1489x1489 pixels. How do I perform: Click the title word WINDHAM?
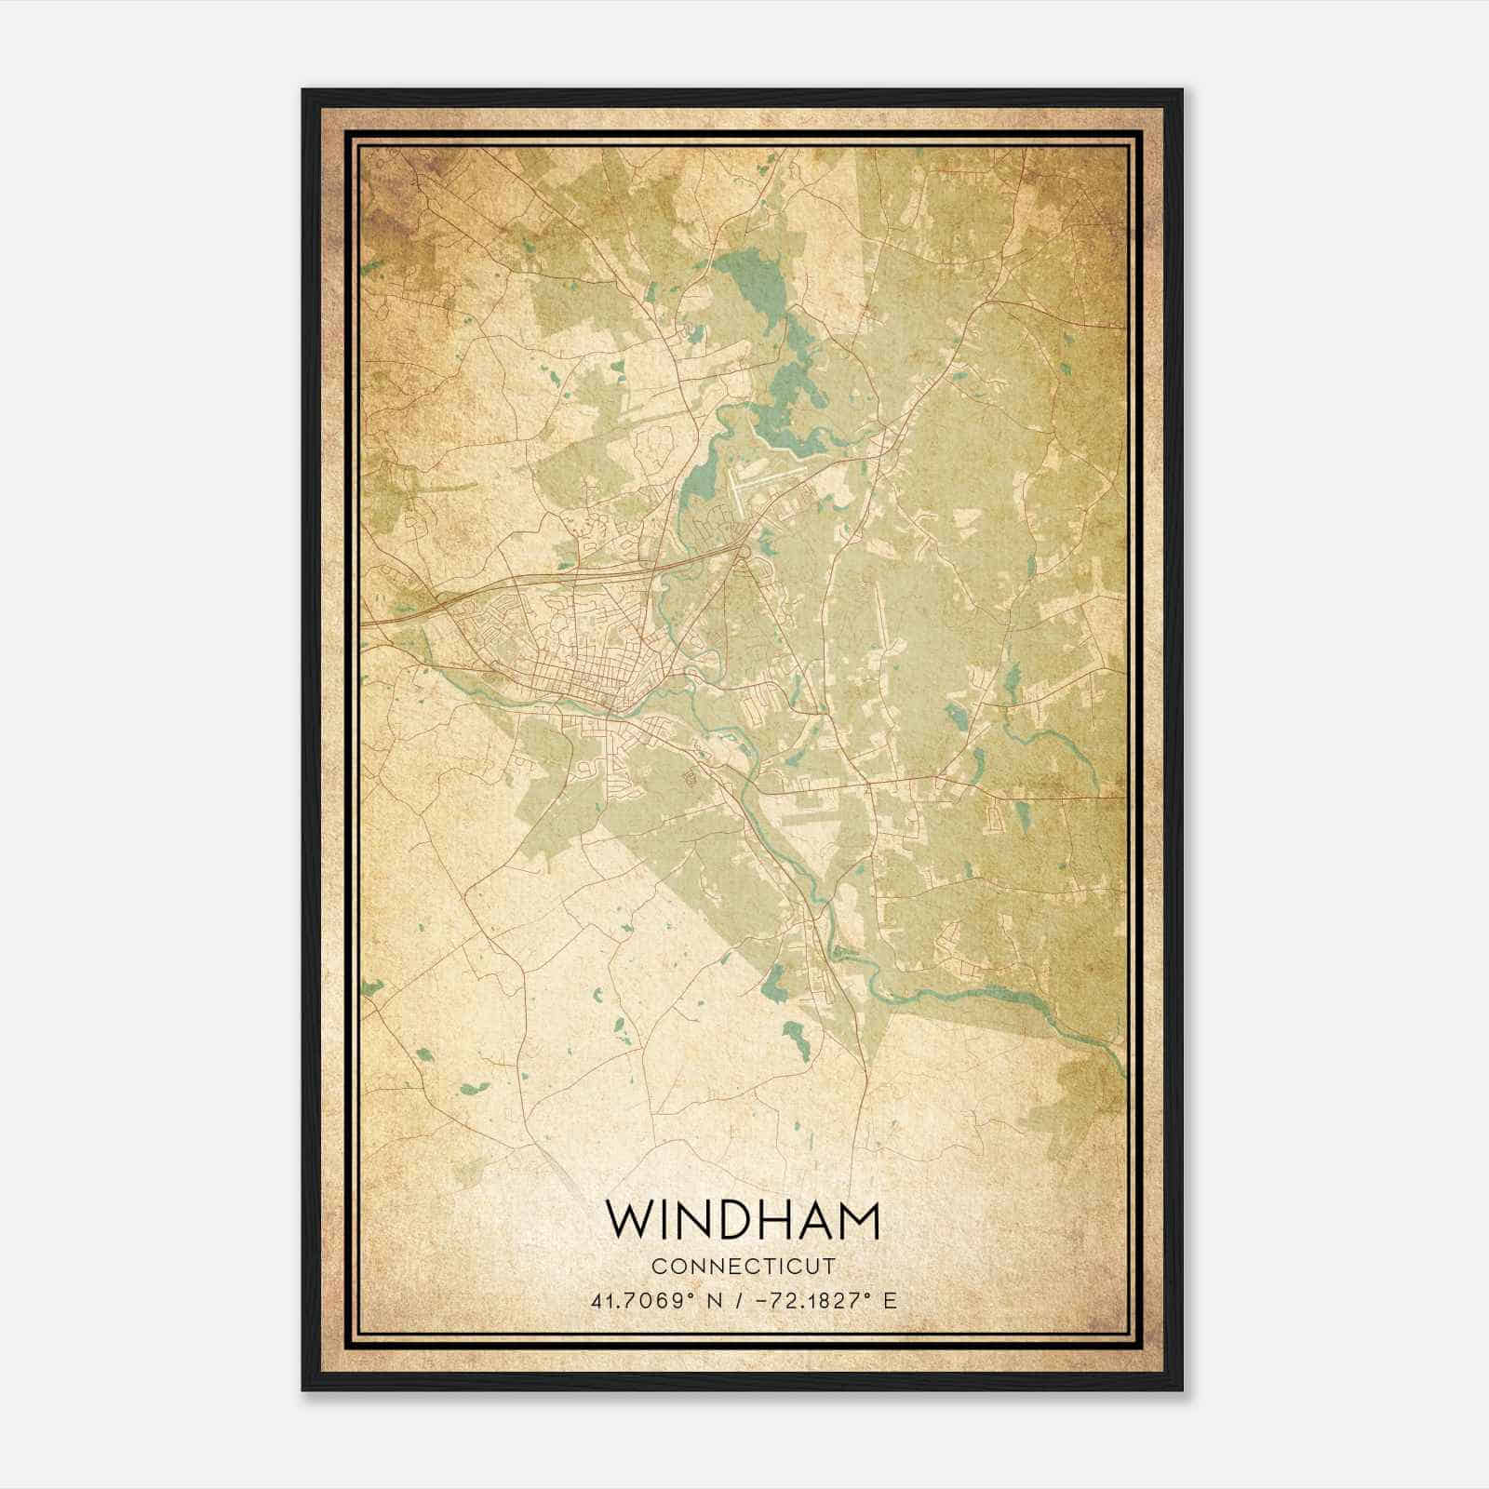(742, 1220)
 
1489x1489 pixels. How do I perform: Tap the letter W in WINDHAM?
(629, 1220)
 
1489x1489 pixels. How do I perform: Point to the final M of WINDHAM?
(859, 1220)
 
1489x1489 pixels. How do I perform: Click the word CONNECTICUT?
(743, 1267)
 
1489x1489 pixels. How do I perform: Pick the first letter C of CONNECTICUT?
(658, 1267)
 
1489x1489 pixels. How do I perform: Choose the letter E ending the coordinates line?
(891, 1301)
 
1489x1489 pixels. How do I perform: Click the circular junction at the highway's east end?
(742, 555)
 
